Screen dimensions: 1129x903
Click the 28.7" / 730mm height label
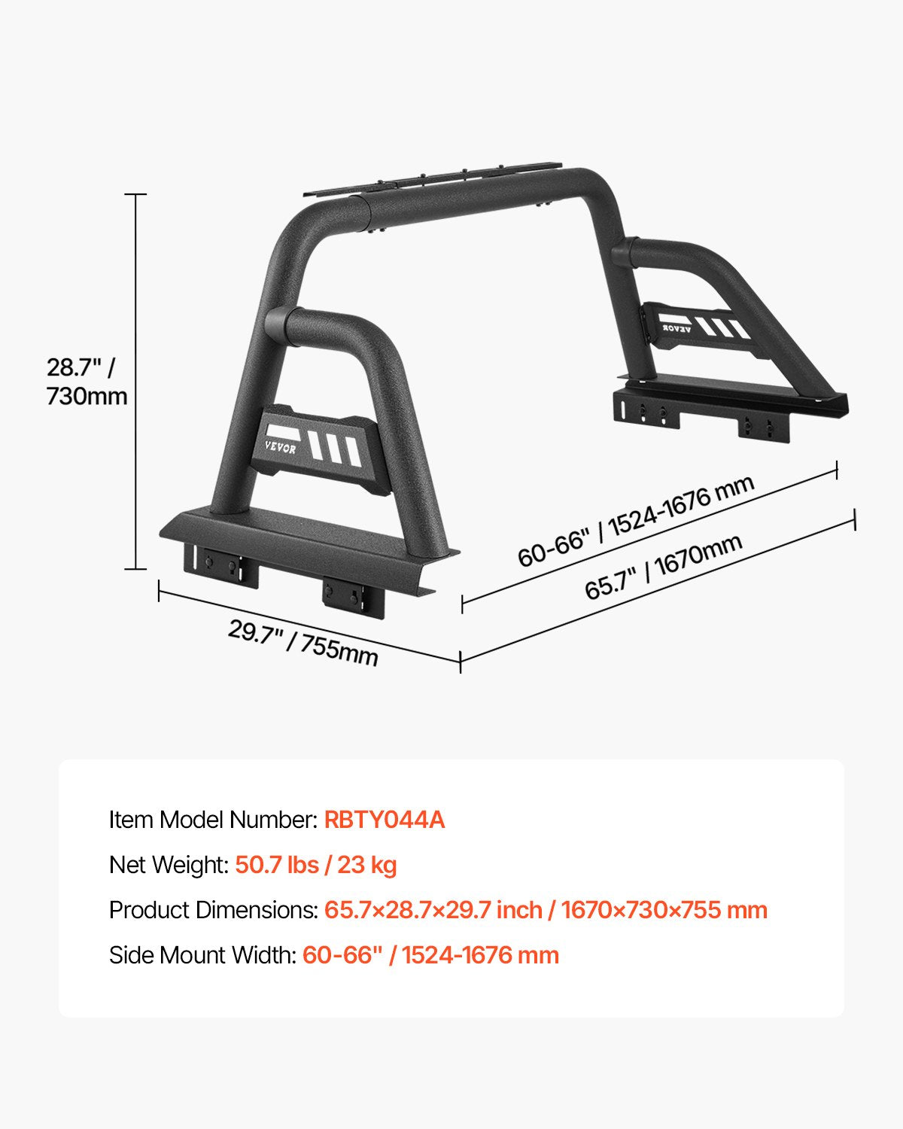pyautogui.click(x=87, y=382)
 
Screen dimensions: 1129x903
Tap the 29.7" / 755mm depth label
pyautogui.click(x=303, y=642)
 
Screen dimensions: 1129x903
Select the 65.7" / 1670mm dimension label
pyautogui.click(x=664, y=566)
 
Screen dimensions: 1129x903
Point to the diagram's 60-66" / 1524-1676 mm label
pyautogui.click(x=636, y=521)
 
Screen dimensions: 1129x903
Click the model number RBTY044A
pyautogui.click(x=385, y=820)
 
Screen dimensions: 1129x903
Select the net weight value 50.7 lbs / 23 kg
pyautogui.click(x=316, y=865)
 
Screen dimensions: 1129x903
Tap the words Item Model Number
pyautogui.click(x=212, y=820)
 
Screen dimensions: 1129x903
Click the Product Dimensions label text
pyautogui.click(x=213, y=910)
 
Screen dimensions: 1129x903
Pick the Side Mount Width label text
pyautogui.click(x=202, y=955)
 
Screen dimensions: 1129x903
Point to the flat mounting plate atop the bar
pyautogui.click(x=433, y=179)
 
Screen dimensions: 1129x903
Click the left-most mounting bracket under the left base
pyautogui.click(x=220, y=564)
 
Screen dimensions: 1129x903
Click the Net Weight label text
pyautogui.click(x=169, y=865)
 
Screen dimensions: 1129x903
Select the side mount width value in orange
pyautogui.click(x=430, y=955)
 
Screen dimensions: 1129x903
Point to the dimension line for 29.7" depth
pyautogui.click(x=309, y=624)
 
